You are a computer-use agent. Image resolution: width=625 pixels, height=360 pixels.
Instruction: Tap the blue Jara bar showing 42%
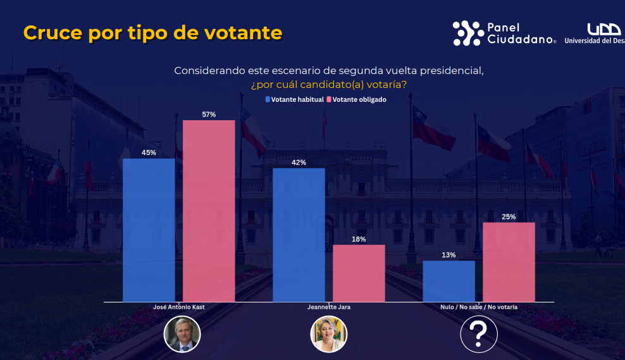coord(299,235)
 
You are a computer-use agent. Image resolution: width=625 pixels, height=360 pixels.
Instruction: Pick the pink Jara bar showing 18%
coord(359,273)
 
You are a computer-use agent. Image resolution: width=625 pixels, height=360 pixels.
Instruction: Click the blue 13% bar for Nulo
coord(449,281)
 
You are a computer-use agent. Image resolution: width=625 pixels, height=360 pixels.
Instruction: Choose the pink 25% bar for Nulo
coord(509,262)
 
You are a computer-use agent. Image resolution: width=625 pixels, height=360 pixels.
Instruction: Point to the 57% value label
coord(209,115)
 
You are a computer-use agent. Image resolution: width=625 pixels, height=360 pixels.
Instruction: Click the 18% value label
coord(359,239)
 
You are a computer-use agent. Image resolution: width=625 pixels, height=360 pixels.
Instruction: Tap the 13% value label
coord(449,255)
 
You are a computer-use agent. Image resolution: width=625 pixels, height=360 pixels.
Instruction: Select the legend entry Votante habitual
coord(295,99)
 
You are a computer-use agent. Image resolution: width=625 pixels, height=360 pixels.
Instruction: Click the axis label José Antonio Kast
coord(179,307)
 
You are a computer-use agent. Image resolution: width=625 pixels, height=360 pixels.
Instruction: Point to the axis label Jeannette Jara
coord(328,307)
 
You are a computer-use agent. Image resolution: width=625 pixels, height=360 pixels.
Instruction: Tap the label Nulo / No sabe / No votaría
coord(479,307)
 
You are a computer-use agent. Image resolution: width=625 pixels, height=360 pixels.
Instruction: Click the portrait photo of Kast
coord(182,334)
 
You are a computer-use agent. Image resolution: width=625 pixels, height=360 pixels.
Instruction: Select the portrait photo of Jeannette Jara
coord(328,334)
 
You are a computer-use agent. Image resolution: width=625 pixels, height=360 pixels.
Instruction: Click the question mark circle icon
coord(478,334)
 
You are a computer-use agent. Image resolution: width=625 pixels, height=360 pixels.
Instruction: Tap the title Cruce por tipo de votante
coord(152,33)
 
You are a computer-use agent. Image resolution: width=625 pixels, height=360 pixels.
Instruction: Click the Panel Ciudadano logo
coord(504,34)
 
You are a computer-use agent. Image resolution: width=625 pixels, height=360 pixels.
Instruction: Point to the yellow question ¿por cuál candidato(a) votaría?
coord(328,84)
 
